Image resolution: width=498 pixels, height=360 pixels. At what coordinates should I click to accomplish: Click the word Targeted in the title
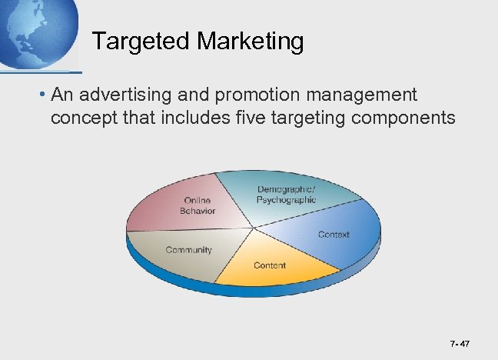[137, 42]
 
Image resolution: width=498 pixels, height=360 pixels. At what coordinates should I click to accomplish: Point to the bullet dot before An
[45, 95]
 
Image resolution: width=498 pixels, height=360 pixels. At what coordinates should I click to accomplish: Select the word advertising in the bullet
[126, 95]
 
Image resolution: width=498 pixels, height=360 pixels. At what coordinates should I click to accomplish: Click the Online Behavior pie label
[198, 206]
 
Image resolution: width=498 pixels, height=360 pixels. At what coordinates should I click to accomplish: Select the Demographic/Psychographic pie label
[286, 195]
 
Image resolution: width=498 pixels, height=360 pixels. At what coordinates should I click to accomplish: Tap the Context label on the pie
[334, 235]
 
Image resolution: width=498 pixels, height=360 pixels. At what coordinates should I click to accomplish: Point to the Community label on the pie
[189, 250]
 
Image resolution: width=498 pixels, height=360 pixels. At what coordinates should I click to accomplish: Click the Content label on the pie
[270, 265]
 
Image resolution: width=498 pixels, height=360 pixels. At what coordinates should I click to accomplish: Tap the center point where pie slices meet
[253, 228]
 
